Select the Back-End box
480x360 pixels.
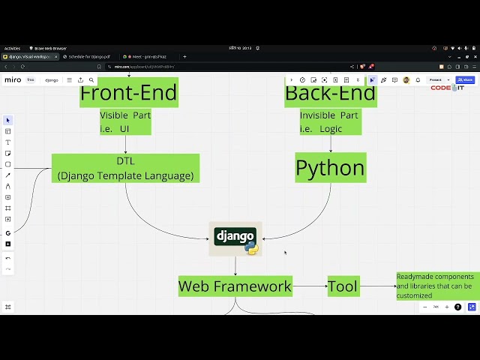tap(330, 94)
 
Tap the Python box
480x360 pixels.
tap(330, 168)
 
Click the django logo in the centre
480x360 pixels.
tap(235, 238)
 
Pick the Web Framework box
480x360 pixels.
tap(235, 286)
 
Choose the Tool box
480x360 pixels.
tap(343, 286)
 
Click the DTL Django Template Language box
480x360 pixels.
tap(125, 168)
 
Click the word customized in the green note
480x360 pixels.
tap(414, 295)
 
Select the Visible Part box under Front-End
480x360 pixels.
tap(125, 122)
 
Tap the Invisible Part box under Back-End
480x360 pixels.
tap(330, 122)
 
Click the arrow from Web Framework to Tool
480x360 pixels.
tap(310, 286)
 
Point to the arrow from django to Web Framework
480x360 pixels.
tap(235, 265)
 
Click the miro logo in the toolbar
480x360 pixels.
tap(13, 79)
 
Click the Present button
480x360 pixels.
tap(436, 79)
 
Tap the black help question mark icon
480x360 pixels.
tap(457, 307)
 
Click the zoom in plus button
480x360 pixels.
tap(447, 307)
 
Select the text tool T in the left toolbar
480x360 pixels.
tap(8, 142)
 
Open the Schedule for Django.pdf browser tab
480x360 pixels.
tap(86, 56)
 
